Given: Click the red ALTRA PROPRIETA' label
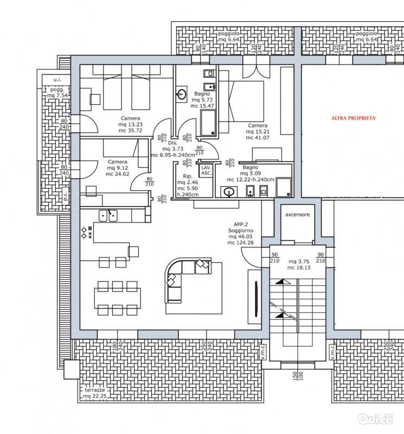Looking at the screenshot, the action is click(354, 118).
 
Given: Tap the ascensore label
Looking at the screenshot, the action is click(298, 214).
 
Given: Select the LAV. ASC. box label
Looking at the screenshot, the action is click(206, 170).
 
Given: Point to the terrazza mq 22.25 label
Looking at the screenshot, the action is click(95, 393).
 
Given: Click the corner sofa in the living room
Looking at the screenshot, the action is click(188, 279).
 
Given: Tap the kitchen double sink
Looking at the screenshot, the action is click(108, 216).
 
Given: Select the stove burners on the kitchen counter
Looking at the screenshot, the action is click(87, 233).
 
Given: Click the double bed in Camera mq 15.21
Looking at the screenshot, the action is click(241, 101).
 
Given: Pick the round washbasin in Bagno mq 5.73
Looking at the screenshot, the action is click(182, 94).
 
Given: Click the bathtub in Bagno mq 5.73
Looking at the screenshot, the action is click(208, 123).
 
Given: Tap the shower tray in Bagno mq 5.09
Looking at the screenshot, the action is click(284, 187).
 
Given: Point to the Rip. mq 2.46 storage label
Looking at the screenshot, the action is click(188, 185).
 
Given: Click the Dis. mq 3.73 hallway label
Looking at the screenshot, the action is click(172, 149).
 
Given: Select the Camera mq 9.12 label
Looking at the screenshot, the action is click(117, 168).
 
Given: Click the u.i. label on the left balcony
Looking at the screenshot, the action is click(57, 80).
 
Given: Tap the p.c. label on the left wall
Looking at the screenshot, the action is click(65, 196).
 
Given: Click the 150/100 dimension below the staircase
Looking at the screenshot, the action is click(298, 376).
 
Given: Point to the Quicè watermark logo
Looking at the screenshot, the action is click(375, 419).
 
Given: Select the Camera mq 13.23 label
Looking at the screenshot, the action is click(130, 124).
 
